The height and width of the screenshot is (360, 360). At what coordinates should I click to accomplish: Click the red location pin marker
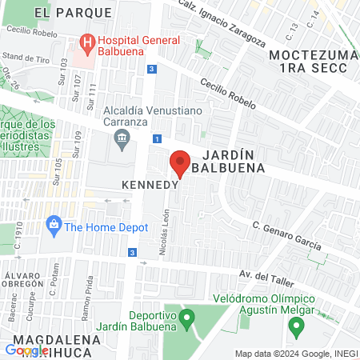click(180, 163)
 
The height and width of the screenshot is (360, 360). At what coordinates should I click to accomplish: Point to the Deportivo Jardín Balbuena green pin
click(186, 318)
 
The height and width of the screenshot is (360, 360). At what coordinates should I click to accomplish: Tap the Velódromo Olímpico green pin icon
click(295, 326)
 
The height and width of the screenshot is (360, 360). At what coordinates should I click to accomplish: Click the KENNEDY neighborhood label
click(149, 184)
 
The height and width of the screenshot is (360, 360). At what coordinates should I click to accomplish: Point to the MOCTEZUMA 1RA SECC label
click(309, 62)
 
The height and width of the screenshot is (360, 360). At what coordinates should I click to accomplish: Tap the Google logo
click(26, 350)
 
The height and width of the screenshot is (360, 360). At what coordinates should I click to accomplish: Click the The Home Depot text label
click(107, 227)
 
